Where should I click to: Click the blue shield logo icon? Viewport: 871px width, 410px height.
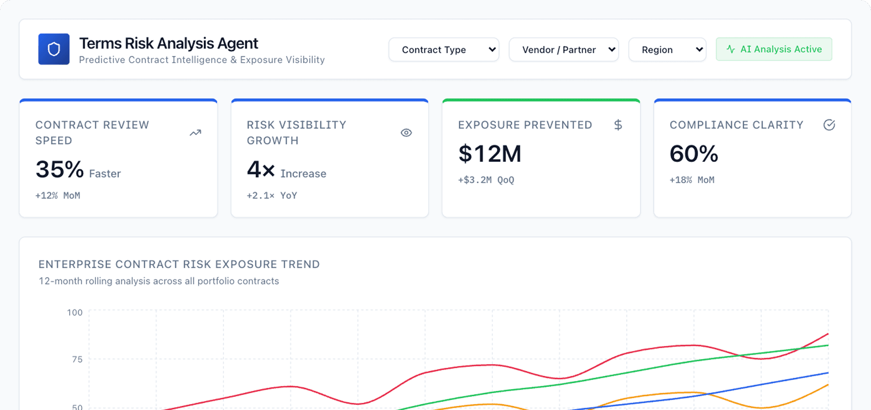pyautogui.click(x=54, y=49)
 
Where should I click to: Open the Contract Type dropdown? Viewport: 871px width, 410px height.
pyautogui.click(x=443, y=50)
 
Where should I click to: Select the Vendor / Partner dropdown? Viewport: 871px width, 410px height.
pyautogui.click(x=563, y=50)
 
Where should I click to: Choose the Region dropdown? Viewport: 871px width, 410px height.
pyautogui.click(x=667, y=50)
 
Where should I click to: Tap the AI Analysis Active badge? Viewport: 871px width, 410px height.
pyautogui.click(x=774, y=49)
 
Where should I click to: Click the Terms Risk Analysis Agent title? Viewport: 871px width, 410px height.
pyautogui.click(x=169, y=44)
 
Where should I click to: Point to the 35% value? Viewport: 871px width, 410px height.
pyautogui.click(x=59, y=169)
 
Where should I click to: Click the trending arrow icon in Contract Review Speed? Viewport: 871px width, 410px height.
pyautogui.click(x=195, y=133)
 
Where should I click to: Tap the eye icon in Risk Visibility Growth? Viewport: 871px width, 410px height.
pyautogui.click(x=406, y=133)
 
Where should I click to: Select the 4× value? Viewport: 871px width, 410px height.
pyautogui.click(x=261, y=169)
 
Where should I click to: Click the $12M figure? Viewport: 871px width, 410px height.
pyautogui.click(x=489, y=154)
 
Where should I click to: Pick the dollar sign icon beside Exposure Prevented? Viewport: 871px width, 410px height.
pyautogui.click(x=618, y=125)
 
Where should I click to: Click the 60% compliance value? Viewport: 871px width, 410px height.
pyautogui.click(x=694, y=154)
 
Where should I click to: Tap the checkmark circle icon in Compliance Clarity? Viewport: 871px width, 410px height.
pyautogui.click(x=829, y=125)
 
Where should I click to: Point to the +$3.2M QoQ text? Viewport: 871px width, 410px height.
pyautogui.click(x=486, y=180)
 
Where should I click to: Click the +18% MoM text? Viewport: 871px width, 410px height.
pyautogui.click(x=692, y=180)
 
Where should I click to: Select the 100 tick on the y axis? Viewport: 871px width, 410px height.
pyautogui.click(x=74, y=312)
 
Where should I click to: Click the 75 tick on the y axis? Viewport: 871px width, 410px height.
pyautogui.click(x=77, y=359)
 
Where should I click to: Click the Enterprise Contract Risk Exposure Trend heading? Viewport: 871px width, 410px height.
pyautogui.click(x=179, y=264)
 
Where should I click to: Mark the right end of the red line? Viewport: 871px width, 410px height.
pyautogui.click(x=828, y=334)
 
